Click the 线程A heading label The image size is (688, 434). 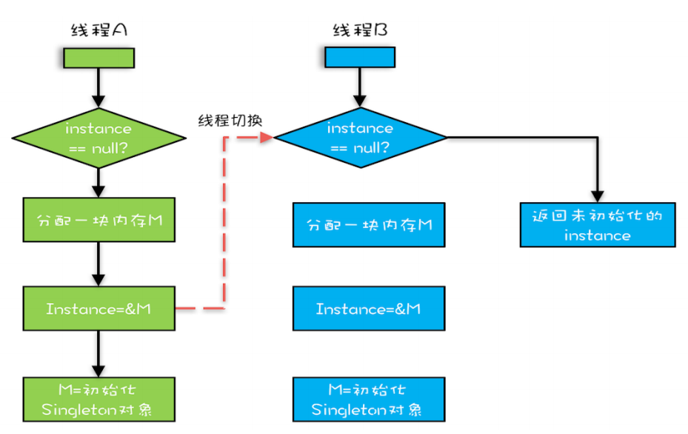pyautogui.click(x=98, y=30)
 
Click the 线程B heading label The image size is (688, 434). pyautogui.click(x=360, y=30)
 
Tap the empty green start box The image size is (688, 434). pyautogui.click(x=98, y=58)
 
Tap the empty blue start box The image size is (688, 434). pyautogui.click(x=360, y=57)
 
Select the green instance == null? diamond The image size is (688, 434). pyautogui.click(x=98, y=138)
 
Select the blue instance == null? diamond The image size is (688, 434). pyautogui.click(x=360, y=137)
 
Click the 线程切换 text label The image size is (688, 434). pyautogui.click(x=230, y=120)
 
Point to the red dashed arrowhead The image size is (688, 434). pyautogui.click(x=267, y=137)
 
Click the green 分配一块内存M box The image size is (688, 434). pyautogui.click(x=98, y=220)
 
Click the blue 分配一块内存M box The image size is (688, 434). pyautogui.click(x=369, y=224)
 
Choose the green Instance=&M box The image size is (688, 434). pyautogui.click(x=98, y=309)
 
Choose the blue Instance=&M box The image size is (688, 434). pyautogui.click(x=369, y=309)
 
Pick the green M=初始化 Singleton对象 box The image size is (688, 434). pyautogui.click(x=98, y=399)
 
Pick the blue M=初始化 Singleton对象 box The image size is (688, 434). pyautogui.click(x=369, y=399)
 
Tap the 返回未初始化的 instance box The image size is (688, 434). pyautogui.click(x=598, y=224)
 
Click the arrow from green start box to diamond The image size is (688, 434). pyautogui.click(x=98, y=88)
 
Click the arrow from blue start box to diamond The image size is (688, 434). pyautogui.click(x=360, y=87)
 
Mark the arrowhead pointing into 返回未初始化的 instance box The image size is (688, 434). pyautogui.click(x=598, y=196)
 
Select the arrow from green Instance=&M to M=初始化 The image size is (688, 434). pyautogui.click(x=98, y=354)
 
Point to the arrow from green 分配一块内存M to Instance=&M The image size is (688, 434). pyautogui.click(x=98, y=264)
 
